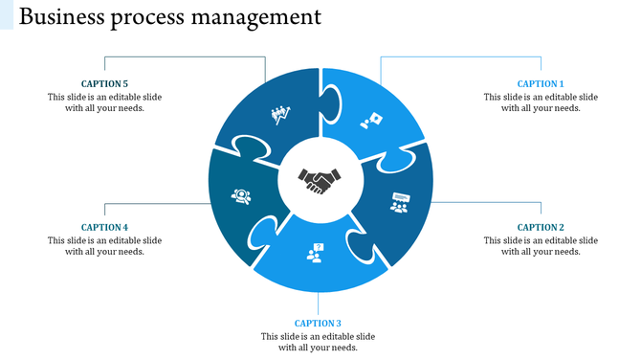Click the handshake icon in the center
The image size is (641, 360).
click(320, 180)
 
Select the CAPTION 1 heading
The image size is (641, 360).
click(541, 84)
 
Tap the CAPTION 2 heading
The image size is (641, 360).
click(541, 228)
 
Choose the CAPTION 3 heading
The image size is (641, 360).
click(318, 324)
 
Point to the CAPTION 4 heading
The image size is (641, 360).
click(104, 228)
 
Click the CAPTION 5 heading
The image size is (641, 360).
click(104, 84)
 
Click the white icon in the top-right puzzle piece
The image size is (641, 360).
click(371, 121)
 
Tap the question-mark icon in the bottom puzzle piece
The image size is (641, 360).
click(315, 253)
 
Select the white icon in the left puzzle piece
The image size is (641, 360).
click(240, 196)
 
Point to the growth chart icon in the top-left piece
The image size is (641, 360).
click(279, 116)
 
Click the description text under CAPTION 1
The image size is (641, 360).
click(541, 102)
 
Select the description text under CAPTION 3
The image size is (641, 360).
click(318, 342)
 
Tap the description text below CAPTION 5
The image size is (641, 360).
click(104, 102)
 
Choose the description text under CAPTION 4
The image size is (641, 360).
click(104, 246)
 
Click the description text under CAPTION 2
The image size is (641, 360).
click(541, 246)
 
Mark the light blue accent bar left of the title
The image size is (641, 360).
click(7, 14)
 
